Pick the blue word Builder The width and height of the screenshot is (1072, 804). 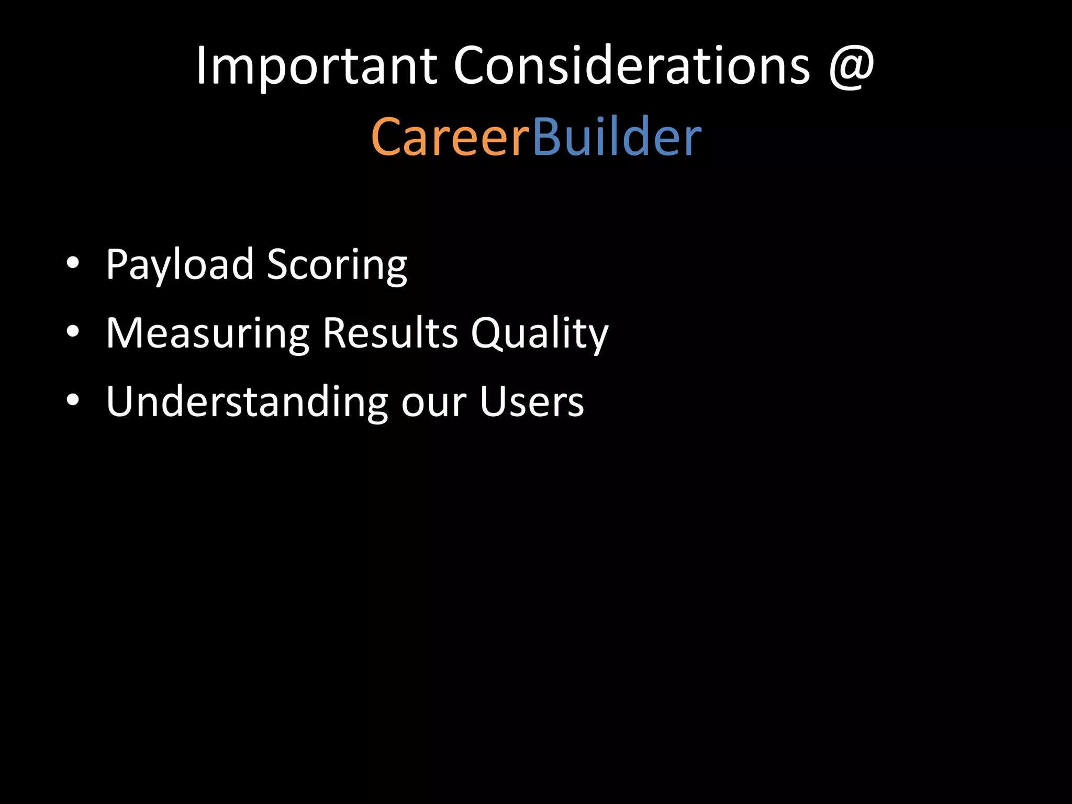click(x=617, y=137)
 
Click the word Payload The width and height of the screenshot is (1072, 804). click(x=180, y=265)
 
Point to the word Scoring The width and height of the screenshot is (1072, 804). click(x=337, y=265)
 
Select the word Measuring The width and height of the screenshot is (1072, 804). click(x=208, y=333)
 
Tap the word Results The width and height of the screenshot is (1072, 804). click(x=390, y=333)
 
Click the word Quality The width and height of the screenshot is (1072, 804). click(x=539, y=333)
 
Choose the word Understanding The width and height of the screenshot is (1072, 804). click(x=247, y=402)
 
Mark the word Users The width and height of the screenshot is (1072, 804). click(x=532, y=402)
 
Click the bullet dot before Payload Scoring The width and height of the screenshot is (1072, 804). click(x=73, y=263)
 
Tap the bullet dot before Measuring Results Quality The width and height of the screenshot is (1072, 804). click(x=73, y=331)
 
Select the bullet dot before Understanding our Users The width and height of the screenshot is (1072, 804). click(x=73, y=400)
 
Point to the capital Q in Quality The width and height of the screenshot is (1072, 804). click(x=488, y=333)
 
